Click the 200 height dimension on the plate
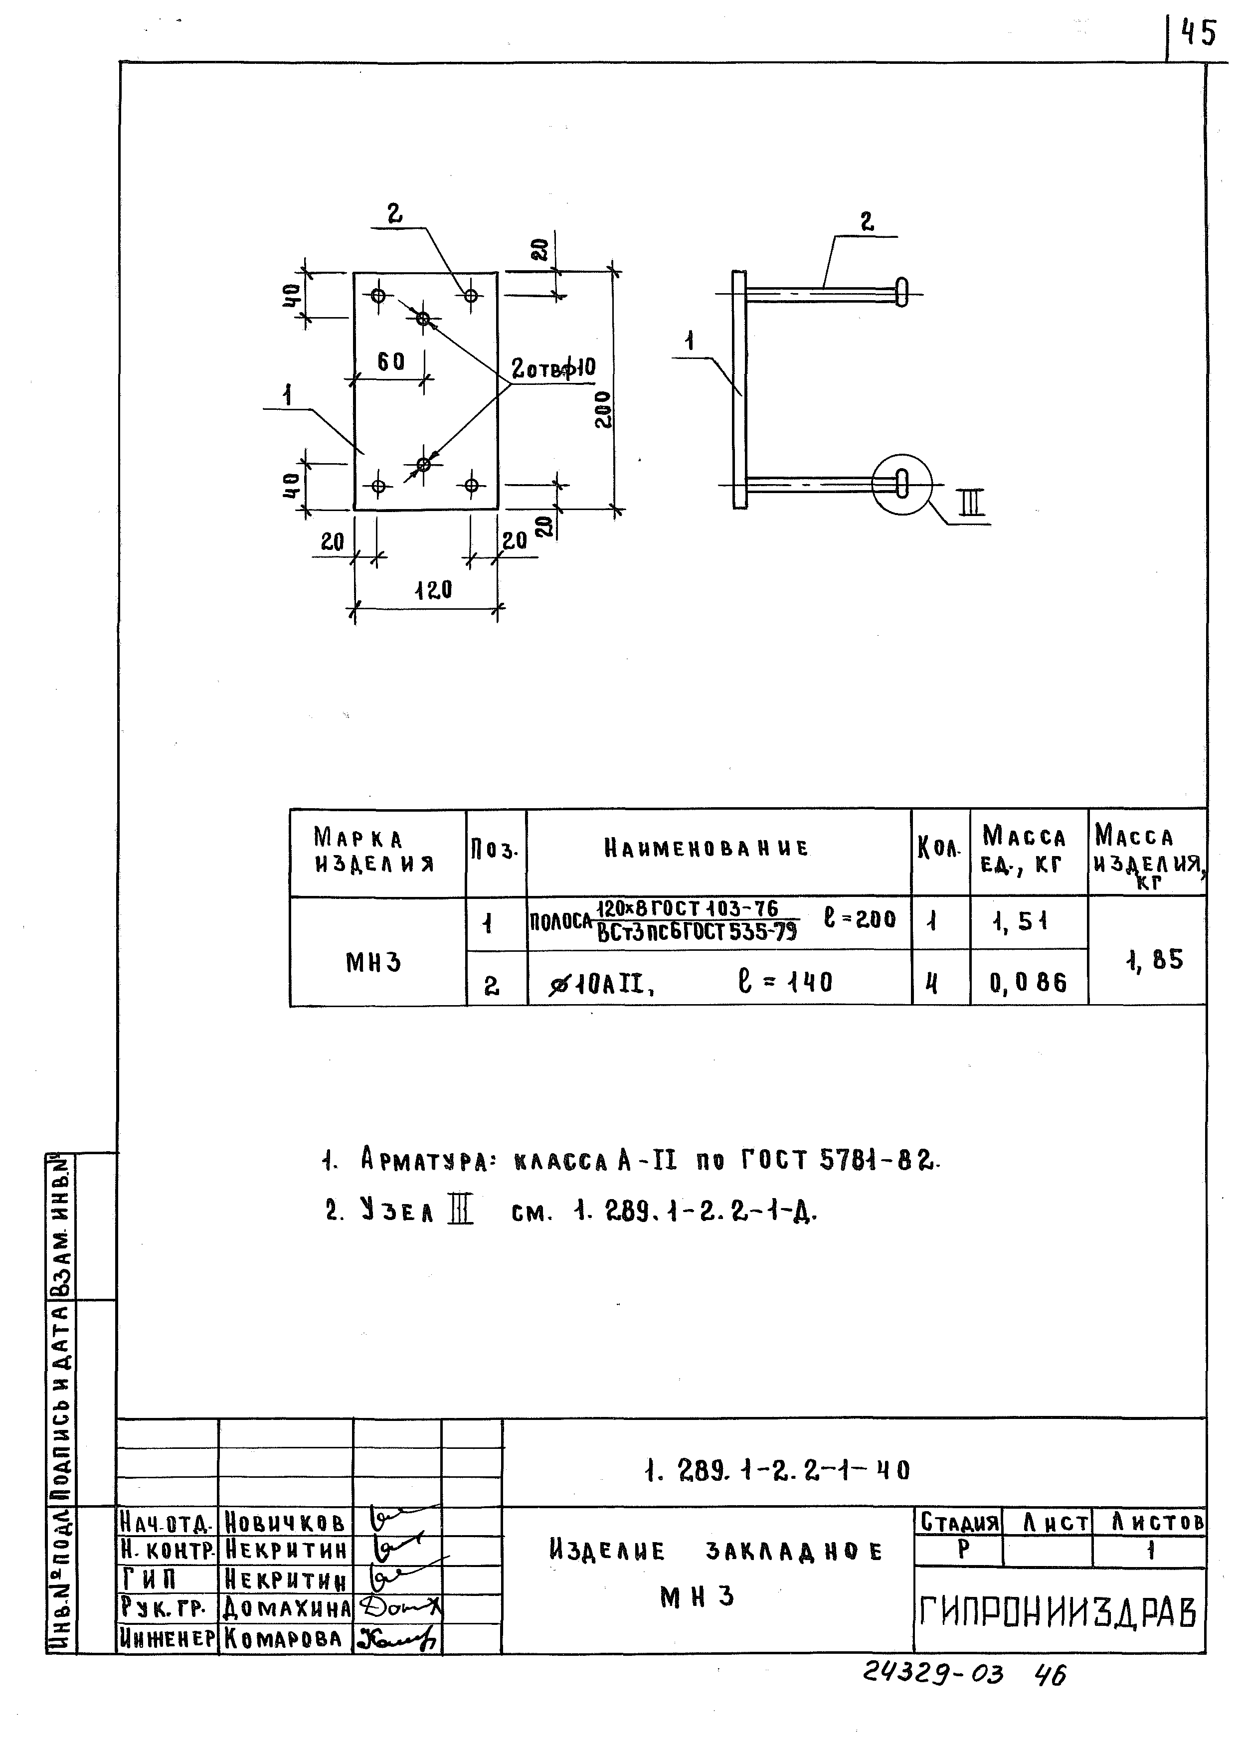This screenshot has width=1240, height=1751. click(603, 410)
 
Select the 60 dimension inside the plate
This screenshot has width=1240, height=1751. click(390, 361)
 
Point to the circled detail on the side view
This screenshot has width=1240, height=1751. click(902, 484)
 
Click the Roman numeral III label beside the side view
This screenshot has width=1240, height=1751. click(971, 504)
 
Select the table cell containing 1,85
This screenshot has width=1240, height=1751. click(1154, 959)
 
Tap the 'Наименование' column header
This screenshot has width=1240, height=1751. click(707, 848)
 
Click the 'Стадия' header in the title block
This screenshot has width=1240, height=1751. click(959, 1524)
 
